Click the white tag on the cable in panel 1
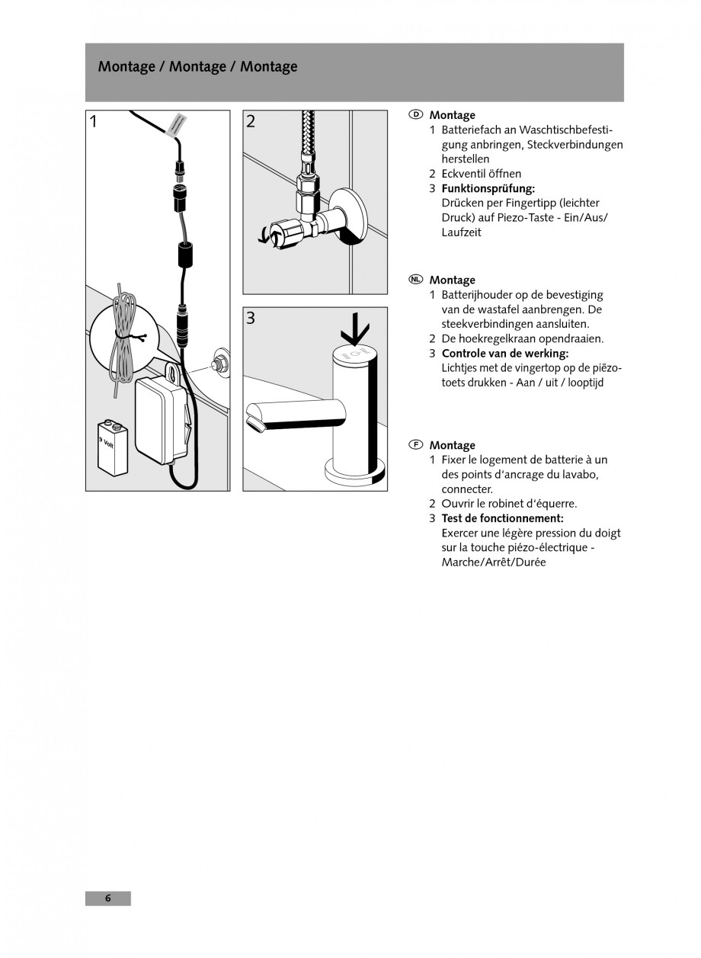(176, 124)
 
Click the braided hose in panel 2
(309, 140)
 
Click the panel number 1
(94, 122)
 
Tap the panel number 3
(251, 319)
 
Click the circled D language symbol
(415, 114)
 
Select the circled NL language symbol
(415, 280)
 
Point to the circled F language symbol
(415, 444)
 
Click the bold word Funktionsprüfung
(488, 188)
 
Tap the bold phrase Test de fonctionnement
(502, 518)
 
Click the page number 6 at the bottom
(107, 898)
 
